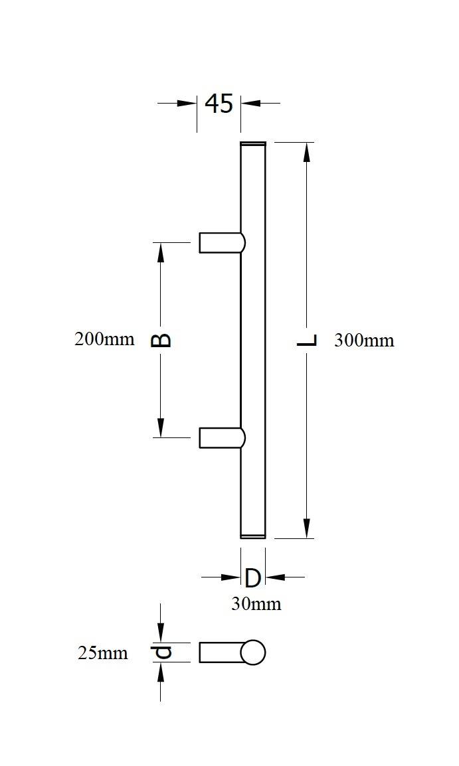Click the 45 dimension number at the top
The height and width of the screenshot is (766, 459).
pyautogui.click(x=219, y=104)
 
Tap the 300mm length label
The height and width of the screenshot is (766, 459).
pyautogui.click(x=364, y=341)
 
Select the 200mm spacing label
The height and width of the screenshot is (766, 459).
pyautogui.click(x=104, y=339)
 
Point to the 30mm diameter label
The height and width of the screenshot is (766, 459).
pyautogui.click(x=256, y=604)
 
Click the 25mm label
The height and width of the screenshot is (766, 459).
pyautogui.click(x=102, y=653)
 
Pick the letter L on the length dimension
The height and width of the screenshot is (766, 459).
pyautogui.click(x=307, y=341)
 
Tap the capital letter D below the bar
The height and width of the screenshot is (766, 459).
pyautogui.click(x=252, y=578)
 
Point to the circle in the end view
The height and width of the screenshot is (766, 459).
pyautogui.click(x=252, y=652)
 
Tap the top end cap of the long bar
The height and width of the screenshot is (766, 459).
pyautogui.click(x=252, y=143)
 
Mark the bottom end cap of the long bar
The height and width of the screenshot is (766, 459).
pyautogui.click(x=252, y=536)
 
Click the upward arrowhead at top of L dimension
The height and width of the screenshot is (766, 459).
pyautogui.click(x=307, y=152)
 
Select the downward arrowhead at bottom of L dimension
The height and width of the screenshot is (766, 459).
pyautogui.click(x=307, y=528)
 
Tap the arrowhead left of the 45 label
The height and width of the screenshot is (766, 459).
pyautogui.click(x=187, y=104)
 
